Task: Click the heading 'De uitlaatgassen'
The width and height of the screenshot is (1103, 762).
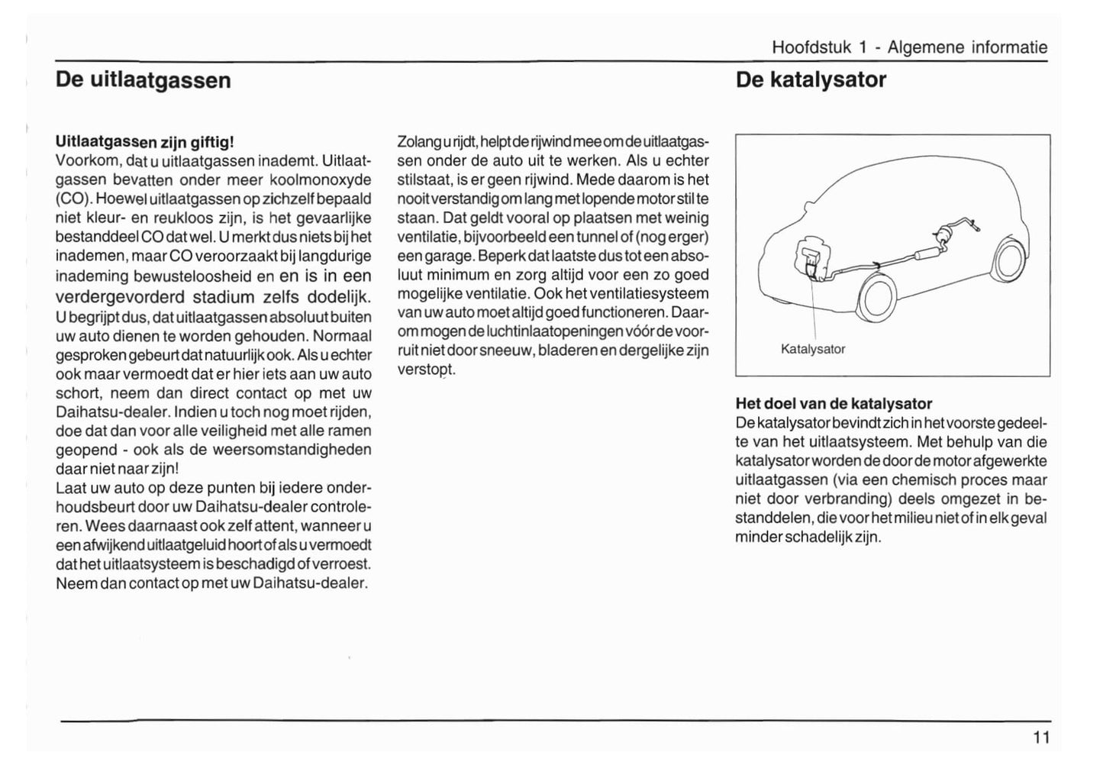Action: [143, 80]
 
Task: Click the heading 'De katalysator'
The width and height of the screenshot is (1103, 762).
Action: [811, 80]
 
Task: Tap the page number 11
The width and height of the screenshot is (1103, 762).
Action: [1041, 738]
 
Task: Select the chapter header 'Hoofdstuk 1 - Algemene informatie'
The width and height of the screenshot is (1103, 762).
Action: [909, 47]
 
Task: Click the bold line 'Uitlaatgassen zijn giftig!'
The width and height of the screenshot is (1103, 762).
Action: [144, 142]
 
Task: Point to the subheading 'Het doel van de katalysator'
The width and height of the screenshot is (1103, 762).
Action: [834, 403]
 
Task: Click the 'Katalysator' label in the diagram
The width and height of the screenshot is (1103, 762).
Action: [813, 349]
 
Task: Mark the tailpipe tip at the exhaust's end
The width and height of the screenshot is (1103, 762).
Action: [979, 227]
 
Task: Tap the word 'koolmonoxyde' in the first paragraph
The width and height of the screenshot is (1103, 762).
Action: [323, 180]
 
